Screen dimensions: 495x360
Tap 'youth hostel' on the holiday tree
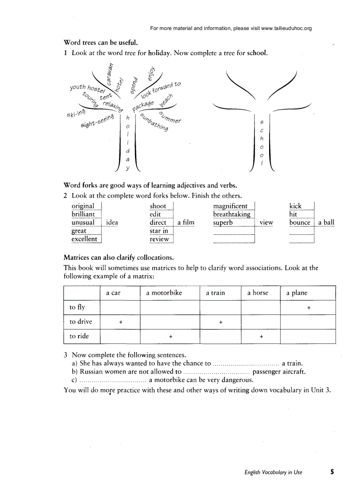click(x=85, y=89)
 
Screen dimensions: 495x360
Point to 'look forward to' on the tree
click(x=161, y=90)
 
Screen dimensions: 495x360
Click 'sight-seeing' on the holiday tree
click(x=97, y=121)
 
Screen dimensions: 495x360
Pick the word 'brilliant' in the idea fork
click(x=83, y=214)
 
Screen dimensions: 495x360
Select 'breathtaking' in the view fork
click(x=232, y=214)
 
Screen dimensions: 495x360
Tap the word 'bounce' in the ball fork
click(x=300, y=223)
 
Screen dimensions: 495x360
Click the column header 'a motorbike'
click(x=164, y=293)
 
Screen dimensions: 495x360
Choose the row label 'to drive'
click(x=81, y=322)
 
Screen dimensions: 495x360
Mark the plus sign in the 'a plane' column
click(x=309, y=308)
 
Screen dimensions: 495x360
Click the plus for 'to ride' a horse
click(x=261, y=337)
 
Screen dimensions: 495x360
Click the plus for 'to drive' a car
click(x=120, y=323)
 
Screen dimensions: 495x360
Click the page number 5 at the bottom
click(x=332, y=472)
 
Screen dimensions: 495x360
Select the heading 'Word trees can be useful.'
click(x=101, y=43)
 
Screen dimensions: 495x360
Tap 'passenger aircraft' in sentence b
click(x=279, y=372)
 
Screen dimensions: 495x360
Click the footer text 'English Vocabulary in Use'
click(x=274, y=473)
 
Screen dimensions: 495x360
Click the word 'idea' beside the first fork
click(x=112, y=223)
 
